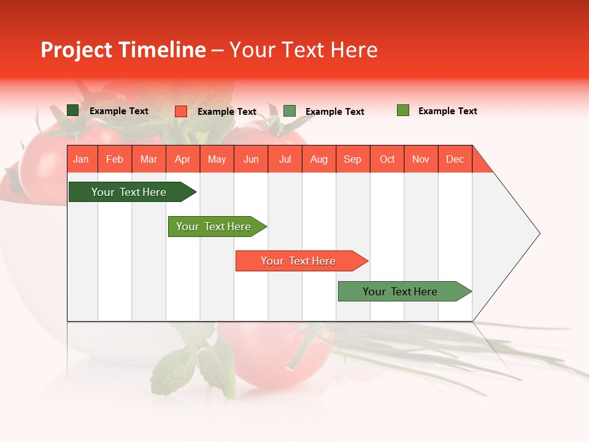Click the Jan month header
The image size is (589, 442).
(82, 159)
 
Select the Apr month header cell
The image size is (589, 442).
(183, 159)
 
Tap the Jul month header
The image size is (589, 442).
(285, 159)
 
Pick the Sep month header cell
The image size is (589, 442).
(353, 159)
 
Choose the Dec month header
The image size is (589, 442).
(455, 159)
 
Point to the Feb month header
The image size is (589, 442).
(115, 159)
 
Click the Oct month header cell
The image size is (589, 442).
(387, 159)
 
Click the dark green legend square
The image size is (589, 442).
(73, 110)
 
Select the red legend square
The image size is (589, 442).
(181, 111)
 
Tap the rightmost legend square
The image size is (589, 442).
(403, 110)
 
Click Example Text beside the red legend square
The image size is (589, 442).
(227, 112)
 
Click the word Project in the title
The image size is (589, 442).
(77, 50)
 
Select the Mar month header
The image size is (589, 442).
(148, 159)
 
